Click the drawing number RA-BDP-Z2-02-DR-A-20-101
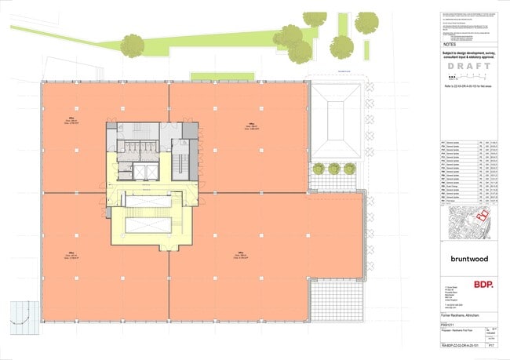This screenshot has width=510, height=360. [x=457, y=344]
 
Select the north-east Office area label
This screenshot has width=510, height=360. [x=245, y=127]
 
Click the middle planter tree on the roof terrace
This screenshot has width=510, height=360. [x=334, y=168]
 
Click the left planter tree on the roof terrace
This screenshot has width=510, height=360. [x=319, y=168]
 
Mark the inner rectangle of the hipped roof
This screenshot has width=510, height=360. [x=337, y=118]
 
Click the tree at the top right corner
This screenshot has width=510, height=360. [x=366, y=24]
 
